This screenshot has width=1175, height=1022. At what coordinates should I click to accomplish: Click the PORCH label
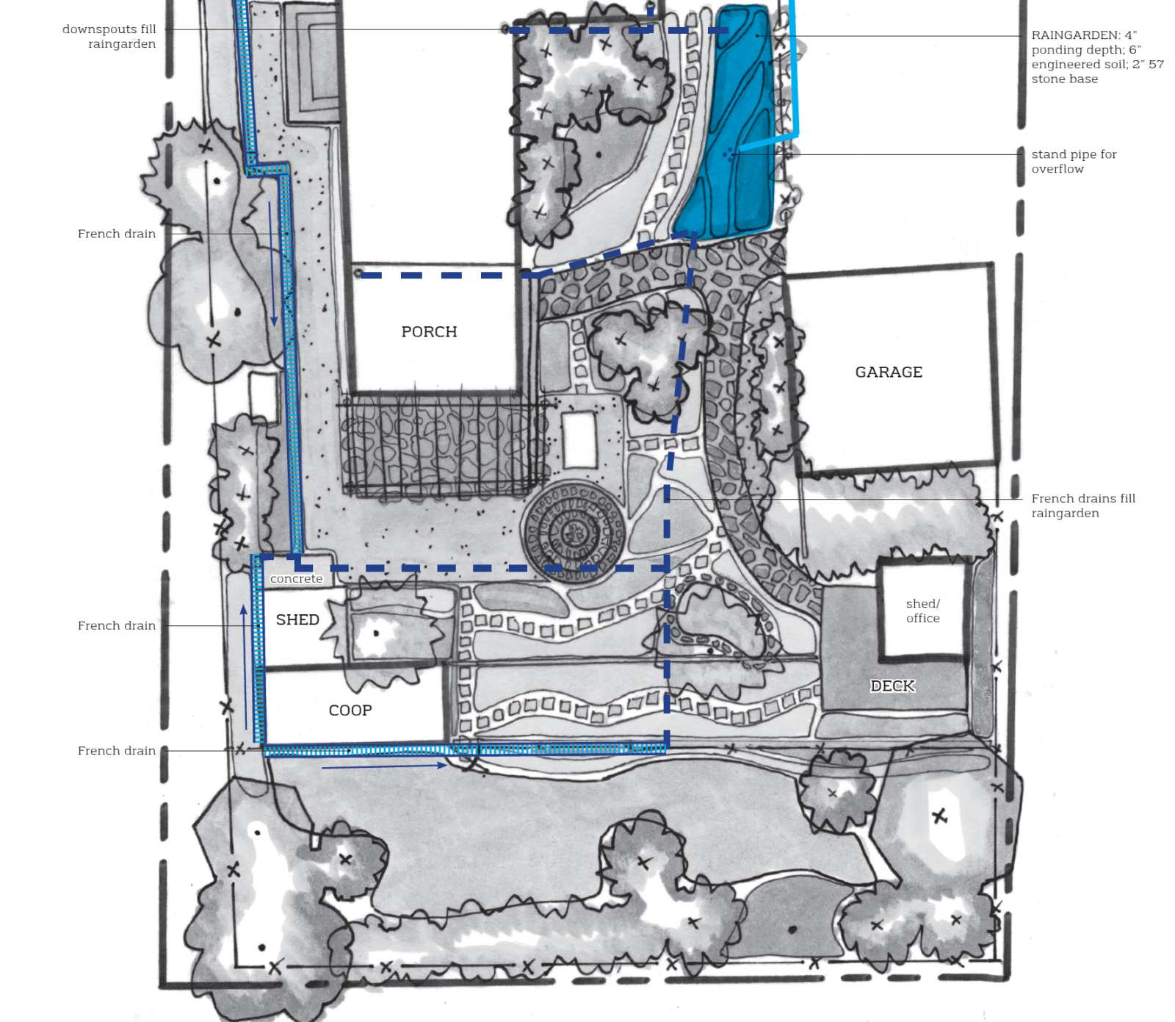pos(429,332)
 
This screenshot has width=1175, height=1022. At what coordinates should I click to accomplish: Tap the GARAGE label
pos(889,373)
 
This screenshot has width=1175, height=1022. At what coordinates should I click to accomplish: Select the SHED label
pos(297,620)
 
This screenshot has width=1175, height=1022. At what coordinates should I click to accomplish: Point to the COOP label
pos(350,710)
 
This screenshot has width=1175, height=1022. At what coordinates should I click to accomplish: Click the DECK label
pos(892,686)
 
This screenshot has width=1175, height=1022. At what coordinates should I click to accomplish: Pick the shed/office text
pos(923,611)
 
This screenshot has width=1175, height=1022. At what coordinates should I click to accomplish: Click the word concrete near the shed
pos(296,579)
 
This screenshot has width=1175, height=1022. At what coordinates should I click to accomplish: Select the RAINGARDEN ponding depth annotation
pos(1097,57)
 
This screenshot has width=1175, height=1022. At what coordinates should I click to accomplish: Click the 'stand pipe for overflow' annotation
pos(1074,162)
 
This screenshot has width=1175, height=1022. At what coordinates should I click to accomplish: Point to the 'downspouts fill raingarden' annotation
pos(109,37)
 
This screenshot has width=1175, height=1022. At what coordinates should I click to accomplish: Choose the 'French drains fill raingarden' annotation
pos(1083,505)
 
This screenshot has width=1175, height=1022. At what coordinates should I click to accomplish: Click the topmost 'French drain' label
pos(117,234)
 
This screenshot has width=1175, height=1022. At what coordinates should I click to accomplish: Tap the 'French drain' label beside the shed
pos(117,625)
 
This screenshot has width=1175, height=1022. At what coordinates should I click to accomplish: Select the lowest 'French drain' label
pos(117,750)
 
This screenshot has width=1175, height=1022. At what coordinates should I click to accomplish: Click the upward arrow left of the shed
pos(245,667)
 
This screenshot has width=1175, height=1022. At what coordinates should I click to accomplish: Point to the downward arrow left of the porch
pos(272,264)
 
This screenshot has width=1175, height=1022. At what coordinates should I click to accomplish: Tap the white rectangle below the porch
pos(579,439)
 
